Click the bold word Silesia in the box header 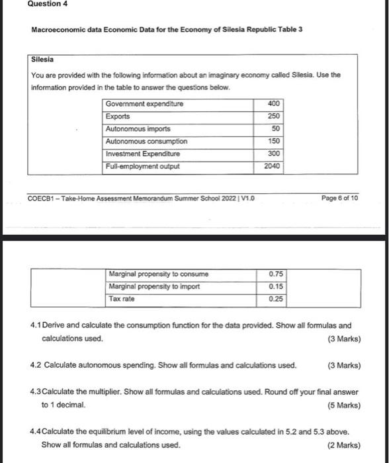tap(43, 59)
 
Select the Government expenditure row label tap(144, 104)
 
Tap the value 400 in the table tap(275, 104)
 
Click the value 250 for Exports tap(275, 116)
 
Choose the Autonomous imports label tap(138, 128)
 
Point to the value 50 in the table tap(276, 128)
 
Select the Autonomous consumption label tap(146, 141)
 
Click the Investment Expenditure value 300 tap(275, 153)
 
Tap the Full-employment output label tap(142, 166)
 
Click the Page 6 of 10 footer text tap(339, 197)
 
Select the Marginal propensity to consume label tap(157, 274)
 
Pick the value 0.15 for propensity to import tap(277, 286)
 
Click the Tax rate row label tap(122, 299)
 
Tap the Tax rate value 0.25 tap(277, 299)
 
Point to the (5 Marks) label tap(344, 405)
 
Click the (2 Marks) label tap(344, 444)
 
